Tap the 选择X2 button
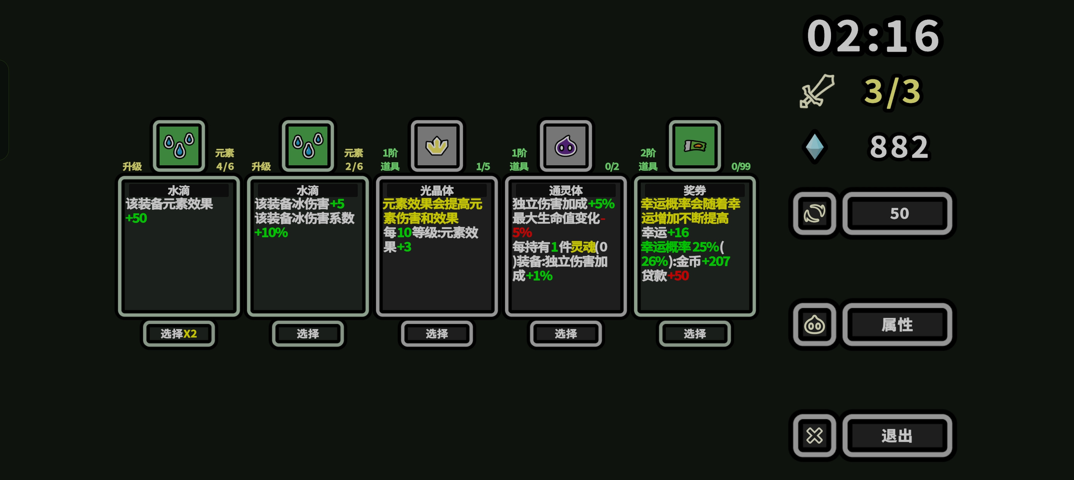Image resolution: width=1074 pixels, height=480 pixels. [x=179, y=333]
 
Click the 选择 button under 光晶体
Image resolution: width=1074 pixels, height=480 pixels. [x=437, y=333]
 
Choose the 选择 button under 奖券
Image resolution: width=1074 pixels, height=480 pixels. [x=695, y=333]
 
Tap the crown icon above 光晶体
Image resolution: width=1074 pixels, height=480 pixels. [x=437, y=146]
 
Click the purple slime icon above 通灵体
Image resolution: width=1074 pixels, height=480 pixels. [x=566, y=146]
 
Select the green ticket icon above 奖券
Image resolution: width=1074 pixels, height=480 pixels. [x=695, y=146]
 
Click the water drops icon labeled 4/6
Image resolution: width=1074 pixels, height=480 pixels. [x=179, y=146]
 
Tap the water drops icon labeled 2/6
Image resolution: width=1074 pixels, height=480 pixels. [x=308, y=146]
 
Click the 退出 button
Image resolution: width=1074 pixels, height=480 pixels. [x=897, y=435]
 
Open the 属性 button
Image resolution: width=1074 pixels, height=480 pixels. [x=897, y=325]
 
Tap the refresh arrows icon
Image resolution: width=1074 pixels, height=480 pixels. [x=814, y=213]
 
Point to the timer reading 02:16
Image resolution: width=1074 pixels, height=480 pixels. [x=873, y=36]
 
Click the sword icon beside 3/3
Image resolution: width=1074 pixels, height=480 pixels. [x=817, y=91]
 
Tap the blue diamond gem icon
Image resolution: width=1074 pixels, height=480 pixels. [x=814, y=147]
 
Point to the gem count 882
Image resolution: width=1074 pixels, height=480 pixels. [x=899, y=147]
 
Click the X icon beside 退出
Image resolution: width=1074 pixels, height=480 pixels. [x=814, y=435]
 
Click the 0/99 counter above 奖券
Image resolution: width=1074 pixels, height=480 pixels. [x=741, y=166]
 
